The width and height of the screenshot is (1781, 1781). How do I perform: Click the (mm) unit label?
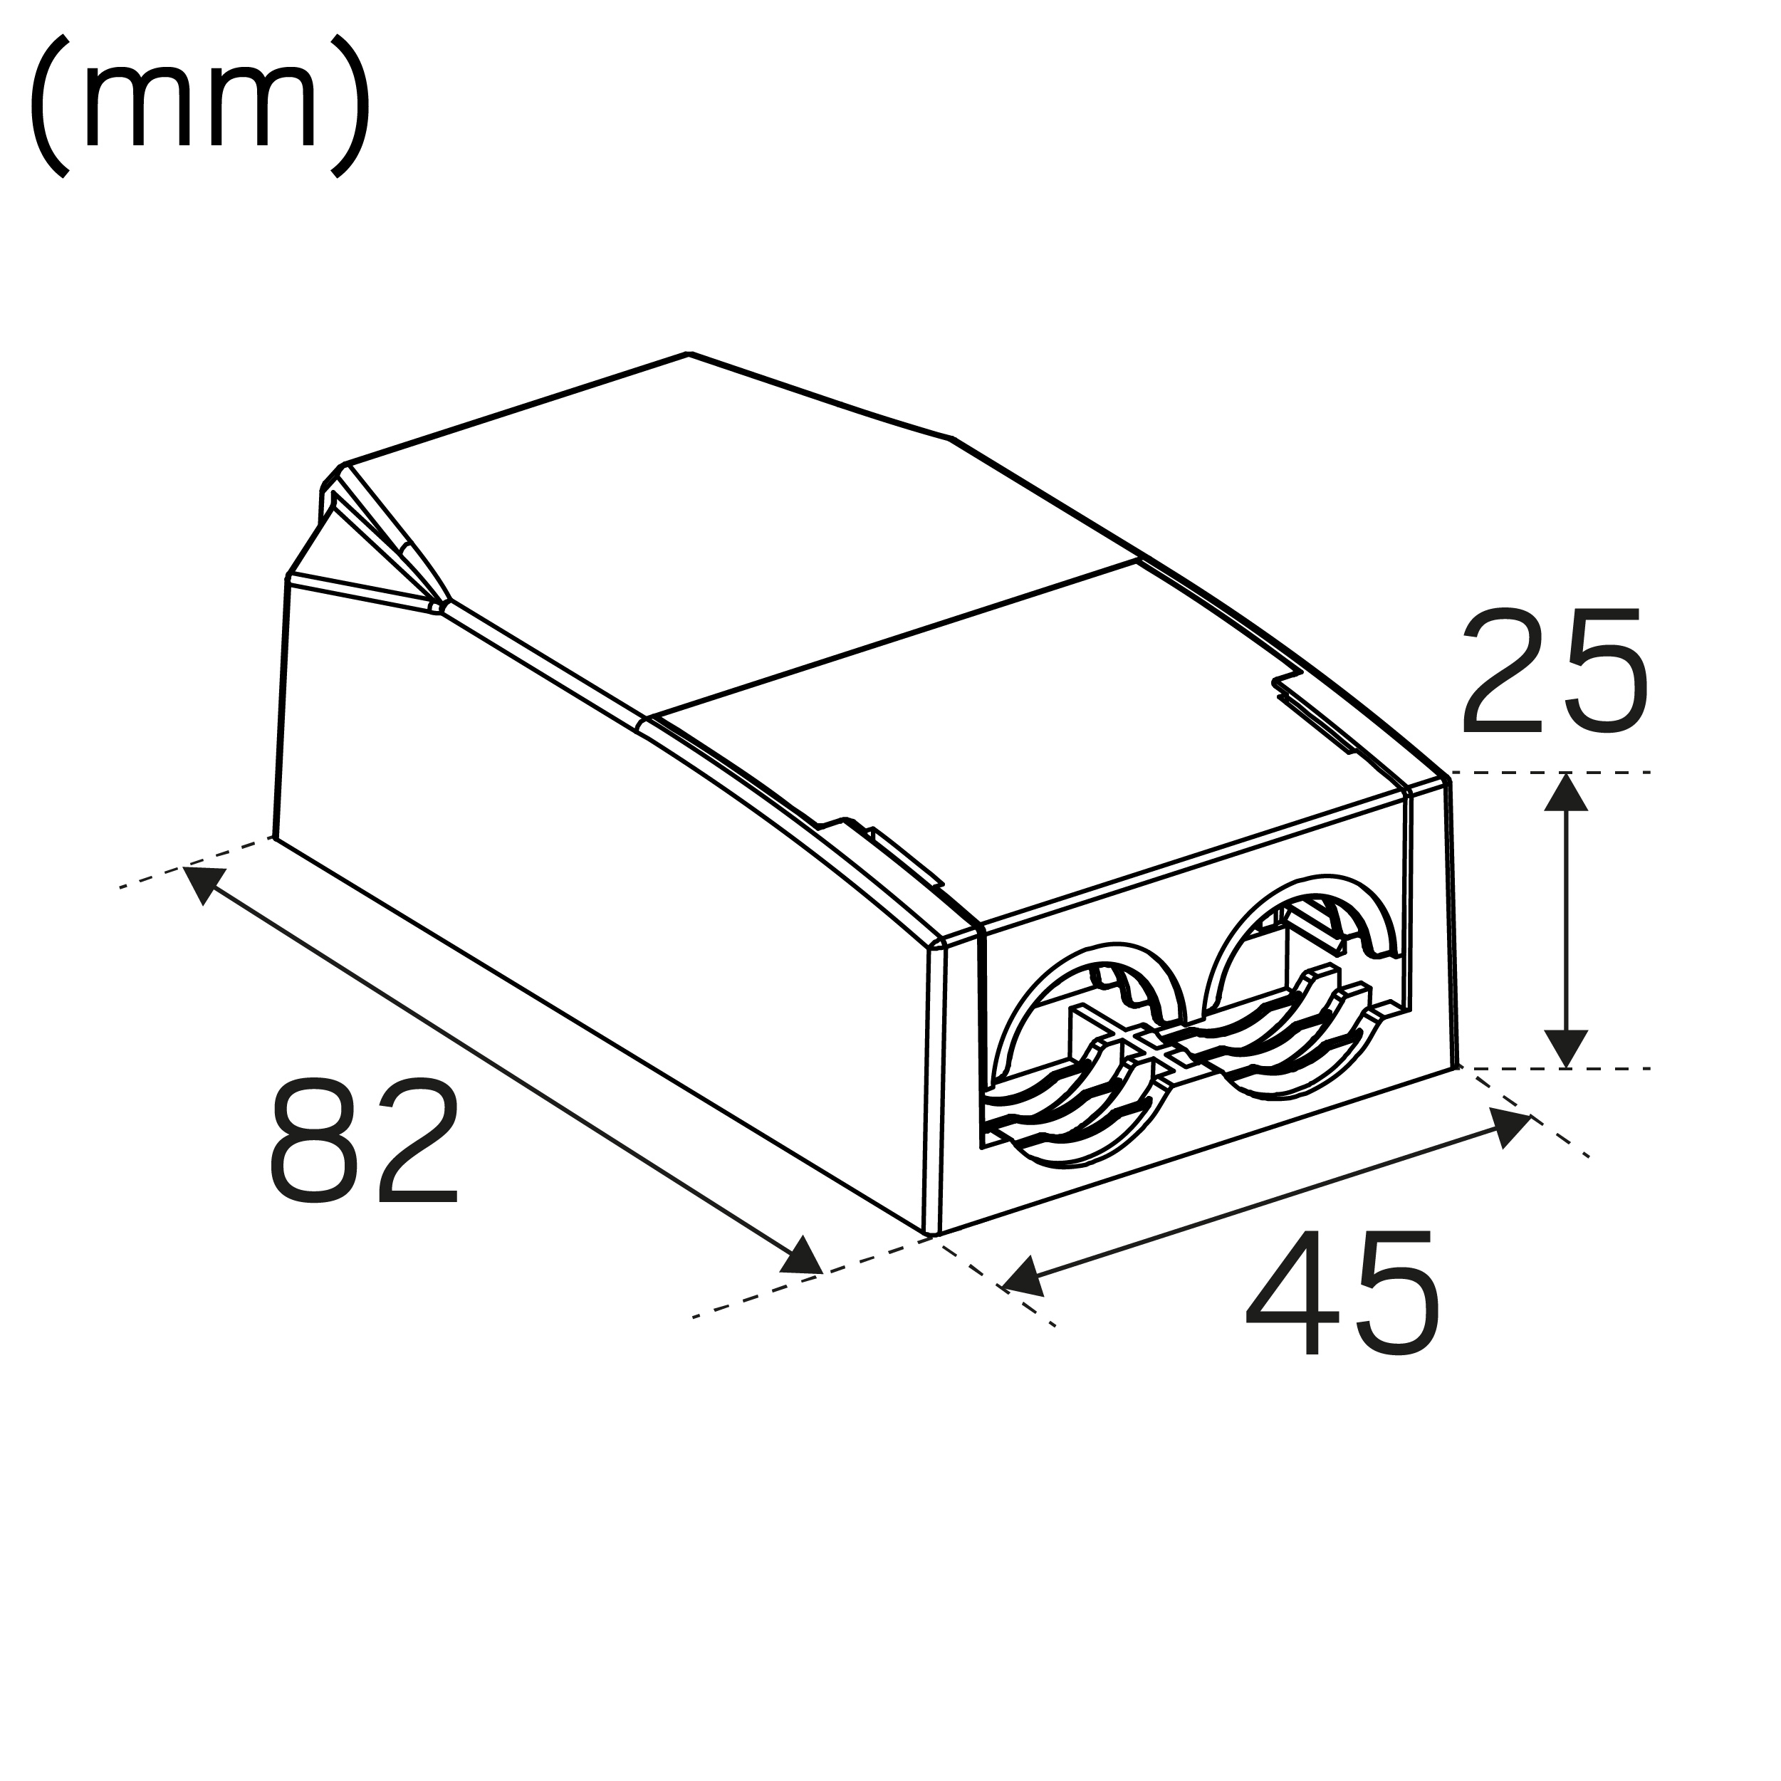(200, 106)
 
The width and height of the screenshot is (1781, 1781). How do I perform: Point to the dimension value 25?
(1553, 671)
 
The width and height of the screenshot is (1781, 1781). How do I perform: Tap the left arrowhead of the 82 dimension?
(203, 882)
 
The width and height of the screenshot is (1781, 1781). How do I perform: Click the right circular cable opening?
(1300, 986)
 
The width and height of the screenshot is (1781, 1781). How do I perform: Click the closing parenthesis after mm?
(350, 106)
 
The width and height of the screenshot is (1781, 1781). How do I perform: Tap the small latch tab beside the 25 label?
(1318, 714)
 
